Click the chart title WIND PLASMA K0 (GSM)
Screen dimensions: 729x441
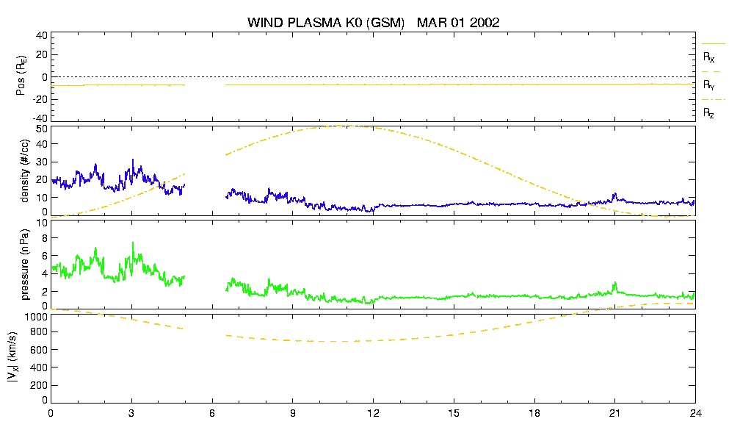(x=326, y=22)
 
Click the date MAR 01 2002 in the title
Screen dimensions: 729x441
(x=458, y=22)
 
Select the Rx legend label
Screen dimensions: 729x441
(x=708, y=57)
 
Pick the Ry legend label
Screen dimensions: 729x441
(x=708, y=85)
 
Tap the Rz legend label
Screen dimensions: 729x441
(x=708, y=112)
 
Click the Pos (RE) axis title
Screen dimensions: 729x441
(x=21, y=76)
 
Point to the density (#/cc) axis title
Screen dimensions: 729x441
(x=25, y=171)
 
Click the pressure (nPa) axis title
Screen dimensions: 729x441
(x=25, y=265)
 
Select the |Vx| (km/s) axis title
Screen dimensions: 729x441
(x=13, y=357)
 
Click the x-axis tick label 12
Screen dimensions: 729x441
(x=373, y=413)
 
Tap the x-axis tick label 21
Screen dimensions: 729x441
(x=614, y=413)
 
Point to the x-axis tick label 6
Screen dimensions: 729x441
(x=212, y=413)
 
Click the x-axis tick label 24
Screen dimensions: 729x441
(x=695, y=413)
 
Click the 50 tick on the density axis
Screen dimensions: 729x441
(x=42, y=129)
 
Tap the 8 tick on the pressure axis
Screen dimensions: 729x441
(x=45, y=238)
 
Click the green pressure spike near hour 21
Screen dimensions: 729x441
(x=615, y=283)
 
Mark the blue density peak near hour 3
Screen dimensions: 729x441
(x=133, y=159)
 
